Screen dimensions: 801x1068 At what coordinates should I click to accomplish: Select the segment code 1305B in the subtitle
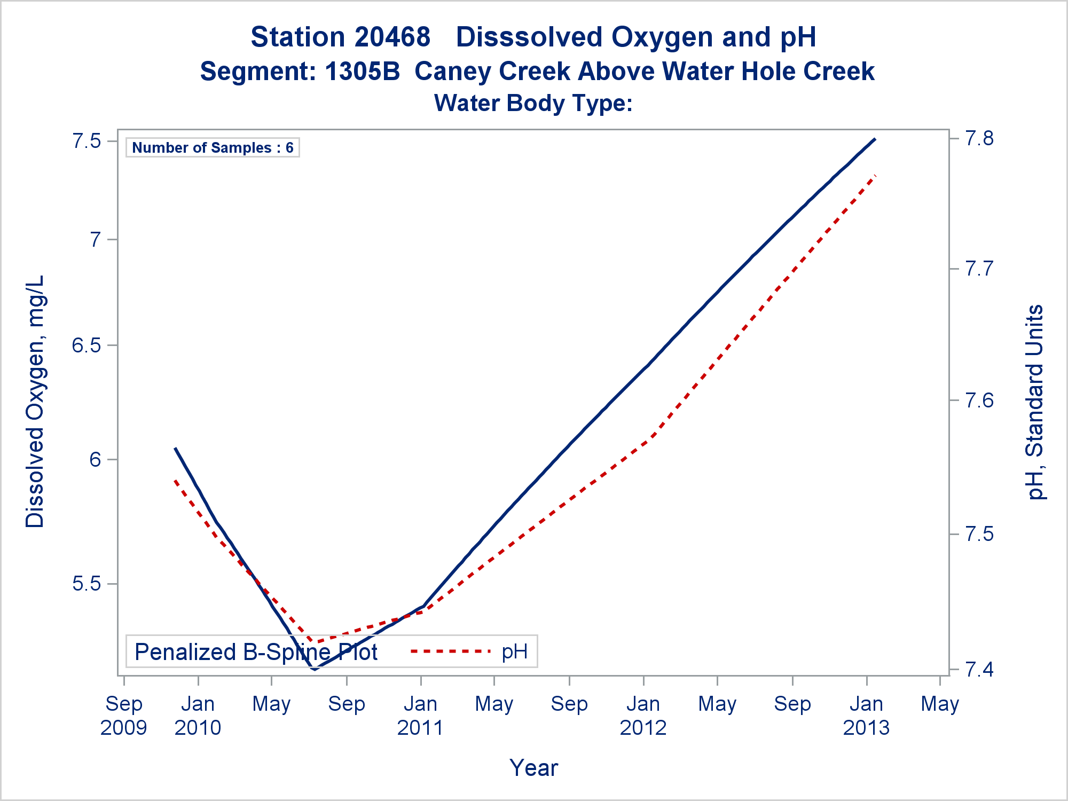[362, 72]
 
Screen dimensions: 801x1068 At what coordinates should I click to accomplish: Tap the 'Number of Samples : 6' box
[213, 148]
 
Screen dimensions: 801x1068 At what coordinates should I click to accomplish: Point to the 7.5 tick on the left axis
[87, 141]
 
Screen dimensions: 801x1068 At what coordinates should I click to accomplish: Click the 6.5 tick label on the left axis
[87, 345]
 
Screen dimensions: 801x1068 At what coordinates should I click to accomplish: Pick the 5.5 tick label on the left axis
[87, 584]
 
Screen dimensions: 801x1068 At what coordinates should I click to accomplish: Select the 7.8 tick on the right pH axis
[979, 139]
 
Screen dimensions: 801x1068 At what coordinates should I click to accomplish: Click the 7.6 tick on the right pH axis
[979, 400]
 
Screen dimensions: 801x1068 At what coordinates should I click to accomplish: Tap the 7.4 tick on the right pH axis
[979, 669]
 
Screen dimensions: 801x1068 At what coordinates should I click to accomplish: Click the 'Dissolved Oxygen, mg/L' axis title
[35, 402]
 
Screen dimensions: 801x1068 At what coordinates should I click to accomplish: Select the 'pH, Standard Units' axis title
[1035, 402]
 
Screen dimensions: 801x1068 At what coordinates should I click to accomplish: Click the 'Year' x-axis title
[533, 768]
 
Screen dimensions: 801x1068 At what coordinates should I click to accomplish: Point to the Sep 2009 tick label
[124, 716]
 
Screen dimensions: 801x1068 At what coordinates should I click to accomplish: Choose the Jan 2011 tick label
[421, 716]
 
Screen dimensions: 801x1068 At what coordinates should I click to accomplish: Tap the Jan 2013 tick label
[866, 716]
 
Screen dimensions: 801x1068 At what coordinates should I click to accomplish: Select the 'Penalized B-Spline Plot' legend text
[256, 652]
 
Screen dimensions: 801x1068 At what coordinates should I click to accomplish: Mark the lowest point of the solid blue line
[314, 669]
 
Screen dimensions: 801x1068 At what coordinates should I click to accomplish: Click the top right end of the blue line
[875, 139]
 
